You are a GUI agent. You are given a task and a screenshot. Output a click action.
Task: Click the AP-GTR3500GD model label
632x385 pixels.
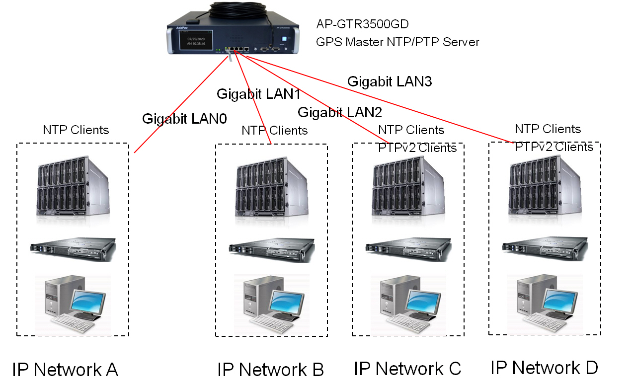point(362,24)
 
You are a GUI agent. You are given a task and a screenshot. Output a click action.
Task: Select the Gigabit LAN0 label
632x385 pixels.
point(184,119)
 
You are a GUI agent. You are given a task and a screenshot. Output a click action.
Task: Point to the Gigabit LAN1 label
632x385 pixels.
point(259,94)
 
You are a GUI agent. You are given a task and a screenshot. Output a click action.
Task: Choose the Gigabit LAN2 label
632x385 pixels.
point(340,112)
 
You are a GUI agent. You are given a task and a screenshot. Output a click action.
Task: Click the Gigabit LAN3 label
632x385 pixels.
point(389,81)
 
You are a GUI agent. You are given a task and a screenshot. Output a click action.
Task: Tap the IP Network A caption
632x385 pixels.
point(65,370)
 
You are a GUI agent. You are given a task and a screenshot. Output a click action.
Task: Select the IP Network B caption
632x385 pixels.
point(270,370)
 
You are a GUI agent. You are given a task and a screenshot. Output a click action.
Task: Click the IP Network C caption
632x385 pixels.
point(407,369)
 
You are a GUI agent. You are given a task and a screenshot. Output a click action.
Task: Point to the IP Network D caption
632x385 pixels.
point(544,368)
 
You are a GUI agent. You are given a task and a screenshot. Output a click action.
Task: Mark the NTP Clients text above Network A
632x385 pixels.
point(76,130)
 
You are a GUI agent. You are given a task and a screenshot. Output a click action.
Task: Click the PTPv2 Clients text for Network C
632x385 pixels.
point(417,148)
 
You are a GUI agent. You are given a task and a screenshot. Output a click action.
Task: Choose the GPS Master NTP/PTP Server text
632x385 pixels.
point(397,42)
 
